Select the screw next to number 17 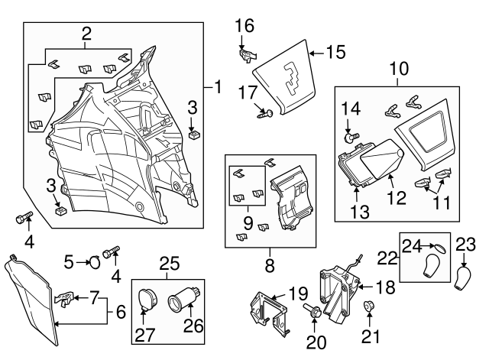click(265, 114)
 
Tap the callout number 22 click(389, 259)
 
